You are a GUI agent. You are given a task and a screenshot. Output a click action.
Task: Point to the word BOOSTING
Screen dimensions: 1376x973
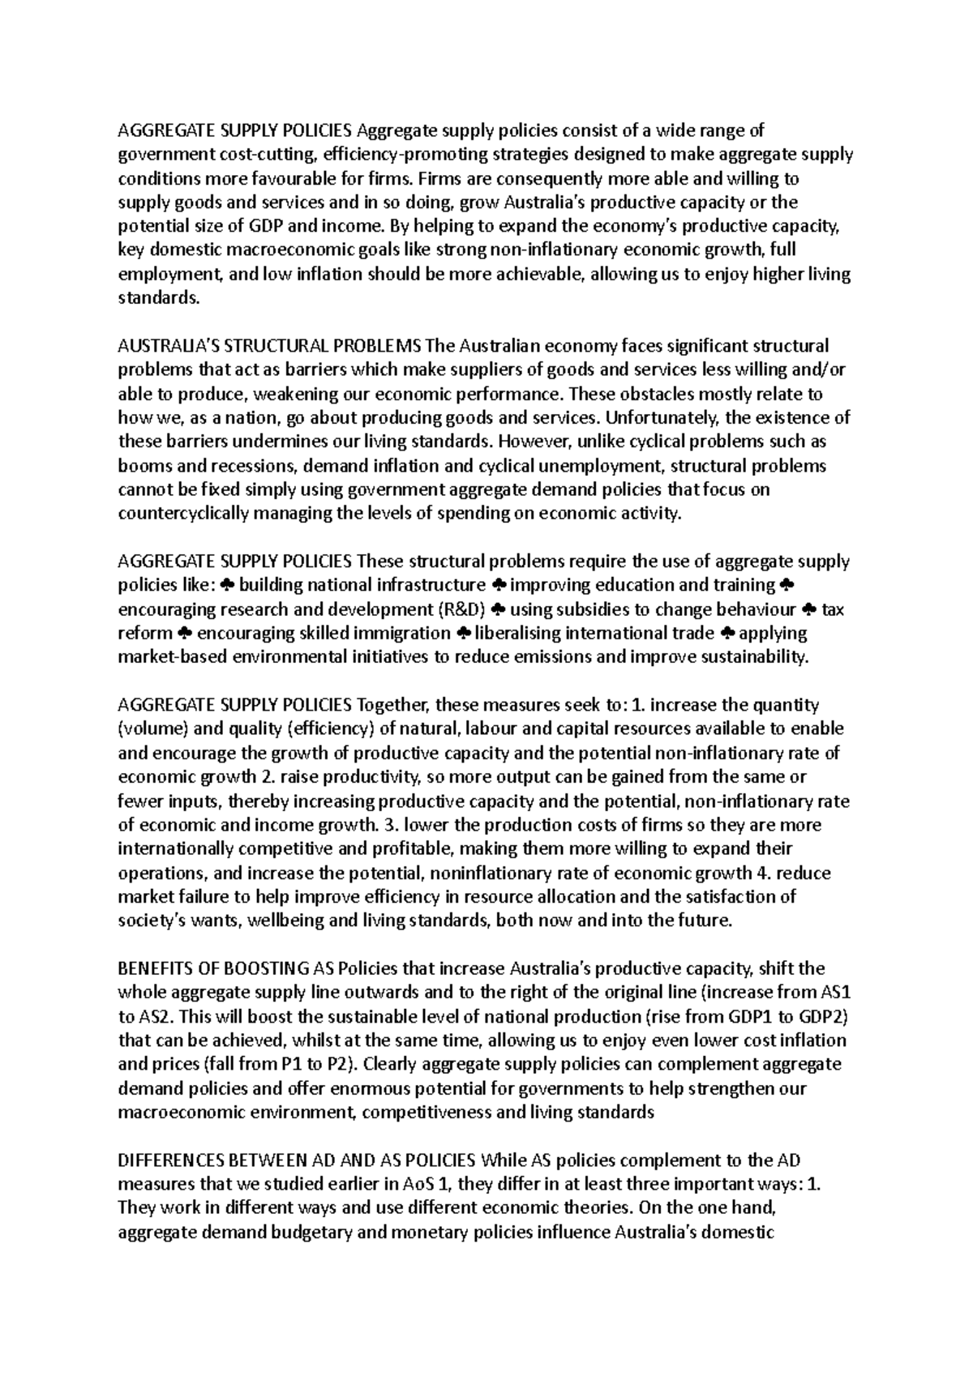coord(260,968)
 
